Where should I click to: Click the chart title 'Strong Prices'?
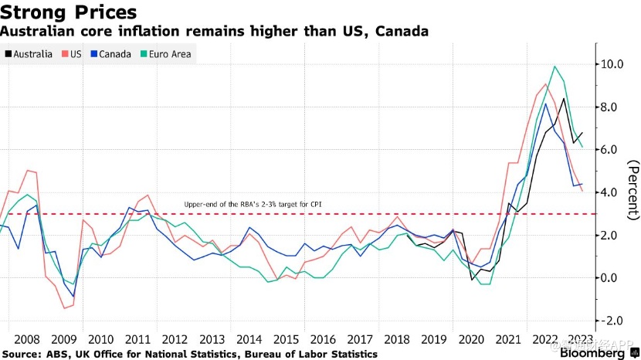click(69, 12)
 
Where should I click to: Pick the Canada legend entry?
click(111, 54)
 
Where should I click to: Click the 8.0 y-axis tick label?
click(615, 107)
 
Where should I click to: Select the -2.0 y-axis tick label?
click(613, 321)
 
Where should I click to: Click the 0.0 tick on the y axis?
click(615, 277)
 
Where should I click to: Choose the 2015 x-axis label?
click(286, 338)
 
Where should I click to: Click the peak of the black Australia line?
click(564, 98)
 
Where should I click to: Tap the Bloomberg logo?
click(591, 353)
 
